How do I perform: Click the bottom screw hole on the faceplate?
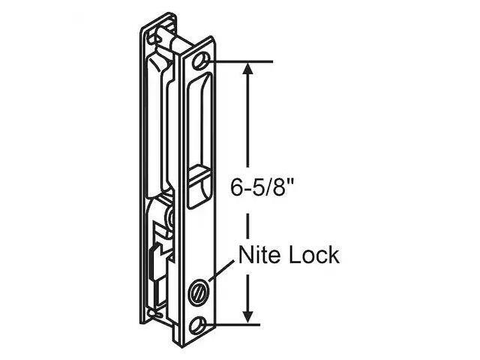(200, 323)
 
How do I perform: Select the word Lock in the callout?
(313, 255)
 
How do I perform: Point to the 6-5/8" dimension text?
(262, 185)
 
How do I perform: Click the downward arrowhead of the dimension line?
(248, 315)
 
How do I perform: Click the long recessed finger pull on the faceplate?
(199, 120)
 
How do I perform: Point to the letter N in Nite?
(247, 255)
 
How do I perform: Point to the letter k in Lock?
(333, 255)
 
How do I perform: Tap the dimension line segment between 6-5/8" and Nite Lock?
(248, 221)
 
